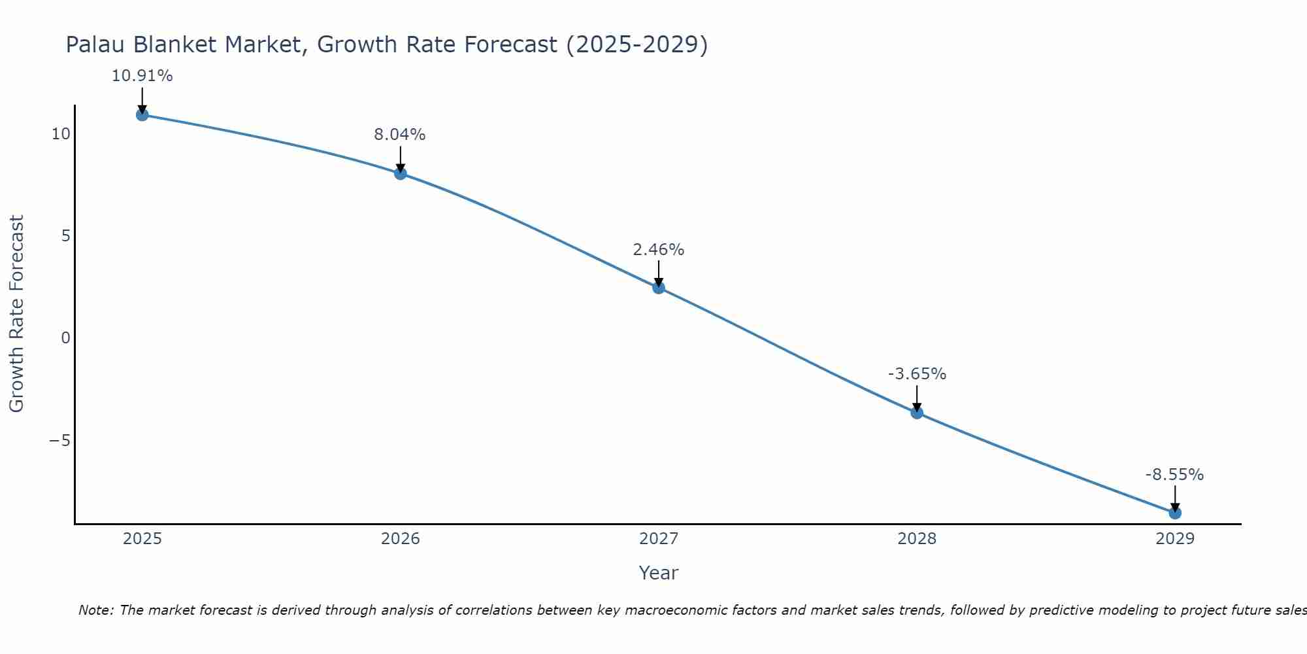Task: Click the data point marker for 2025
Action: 142,115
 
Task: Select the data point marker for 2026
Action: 400,173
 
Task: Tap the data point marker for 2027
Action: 658,288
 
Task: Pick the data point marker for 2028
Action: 916,413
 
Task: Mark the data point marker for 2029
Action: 1174,513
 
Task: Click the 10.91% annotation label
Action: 142,76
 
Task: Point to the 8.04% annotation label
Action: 399,135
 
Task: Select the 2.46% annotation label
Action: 658,250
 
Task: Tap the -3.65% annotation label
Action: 916,374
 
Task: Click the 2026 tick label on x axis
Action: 400,539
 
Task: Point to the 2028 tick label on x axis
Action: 916,539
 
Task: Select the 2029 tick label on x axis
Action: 1174,539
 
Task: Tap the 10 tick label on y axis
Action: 61,134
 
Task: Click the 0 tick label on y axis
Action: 65,338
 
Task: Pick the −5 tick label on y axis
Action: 59,440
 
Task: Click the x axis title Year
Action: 658,573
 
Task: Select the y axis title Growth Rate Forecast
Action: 16,313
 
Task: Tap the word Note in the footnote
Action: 95,610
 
